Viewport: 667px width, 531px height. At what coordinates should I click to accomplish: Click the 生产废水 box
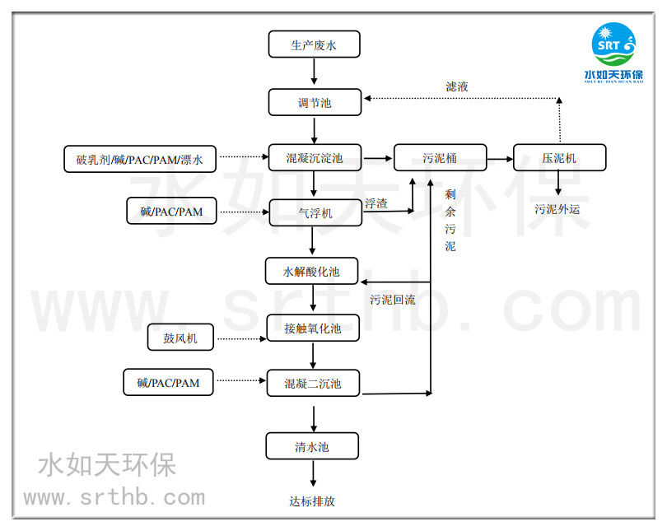[x=314, y=44]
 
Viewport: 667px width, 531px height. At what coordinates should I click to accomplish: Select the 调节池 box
[x=314, y=102]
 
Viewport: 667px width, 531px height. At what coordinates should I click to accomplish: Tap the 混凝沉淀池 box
[x=314, y=158]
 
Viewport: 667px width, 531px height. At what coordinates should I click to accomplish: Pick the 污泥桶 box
[x=440, y=158]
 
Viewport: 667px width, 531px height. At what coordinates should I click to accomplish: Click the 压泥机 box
[x=559, y=158]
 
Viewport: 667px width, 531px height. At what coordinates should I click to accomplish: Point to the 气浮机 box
[x=315, y=212]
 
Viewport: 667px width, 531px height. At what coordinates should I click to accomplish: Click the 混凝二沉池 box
[x=314, y=383]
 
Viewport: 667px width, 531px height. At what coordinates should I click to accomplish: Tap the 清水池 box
[x=313, y=446]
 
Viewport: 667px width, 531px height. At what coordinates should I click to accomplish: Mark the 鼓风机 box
[x=180, y=337]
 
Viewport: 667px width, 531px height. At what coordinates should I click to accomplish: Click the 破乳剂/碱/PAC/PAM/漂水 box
[x=140, y=158]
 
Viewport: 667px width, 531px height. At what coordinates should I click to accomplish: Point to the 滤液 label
[x=458, y=86]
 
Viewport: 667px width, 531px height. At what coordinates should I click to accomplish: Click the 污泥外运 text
[x=557, y=209]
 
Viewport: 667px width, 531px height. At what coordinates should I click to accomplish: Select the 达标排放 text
[x=312, y=501]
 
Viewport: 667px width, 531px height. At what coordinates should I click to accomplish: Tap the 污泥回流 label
[x=393, y=300]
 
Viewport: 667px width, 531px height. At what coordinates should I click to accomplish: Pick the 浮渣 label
[x=376, y=203]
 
